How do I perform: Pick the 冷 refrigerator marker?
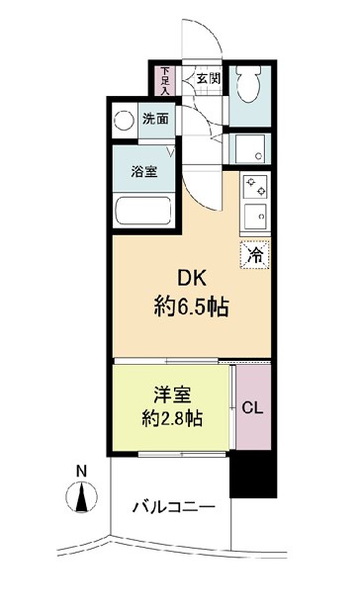tap(254, 254)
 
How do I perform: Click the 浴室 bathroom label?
tap(143, 171)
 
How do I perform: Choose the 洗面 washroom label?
tap(155, 119)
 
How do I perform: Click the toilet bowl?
tap(251, 87)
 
